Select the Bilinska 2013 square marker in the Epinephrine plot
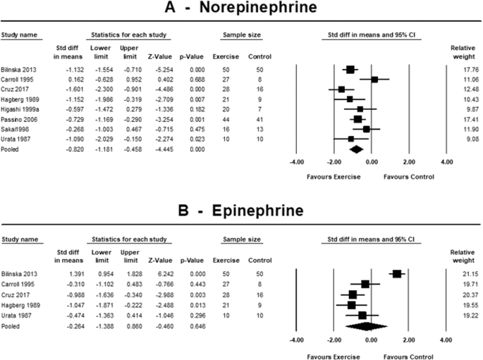(397, 273)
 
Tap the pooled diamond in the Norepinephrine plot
(356, 149)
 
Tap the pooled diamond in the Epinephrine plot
(366, 326)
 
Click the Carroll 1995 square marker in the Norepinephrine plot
(374, 80)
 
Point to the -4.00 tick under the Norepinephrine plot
(296, 162)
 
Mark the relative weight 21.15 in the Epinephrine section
(460, 273)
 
